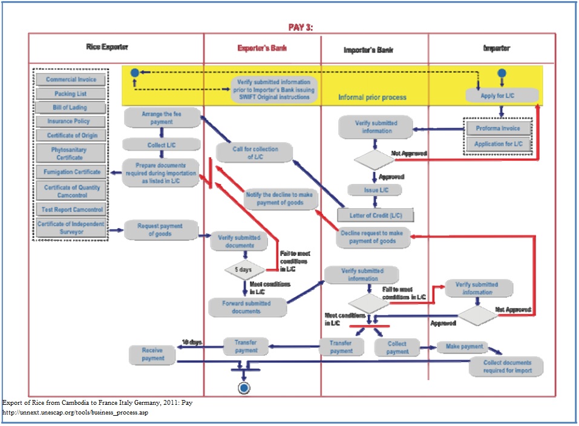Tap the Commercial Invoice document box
71,80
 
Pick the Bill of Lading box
70,108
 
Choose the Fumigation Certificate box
71,172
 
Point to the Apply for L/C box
502,95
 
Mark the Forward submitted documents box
247,307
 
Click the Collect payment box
397,347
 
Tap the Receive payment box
152,354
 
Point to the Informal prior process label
372,97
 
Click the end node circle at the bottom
244,388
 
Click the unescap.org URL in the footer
76,413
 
